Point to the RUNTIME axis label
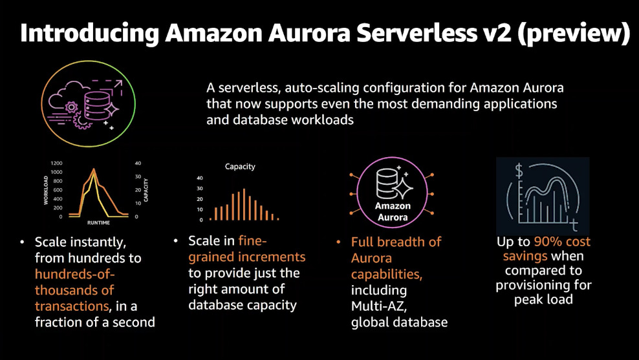tap(98, 222)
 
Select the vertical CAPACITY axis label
tap(146, 190)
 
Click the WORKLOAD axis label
tap(46, 191)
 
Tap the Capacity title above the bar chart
tap(240, 167)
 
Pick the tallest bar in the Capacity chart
tap(244, 204)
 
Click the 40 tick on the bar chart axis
tap(200, 178)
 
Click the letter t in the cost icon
tap(574, 224)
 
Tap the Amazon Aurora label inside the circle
tap(393, 212)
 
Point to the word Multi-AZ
tap(380, 306)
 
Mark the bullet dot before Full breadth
tap(338, 242)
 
